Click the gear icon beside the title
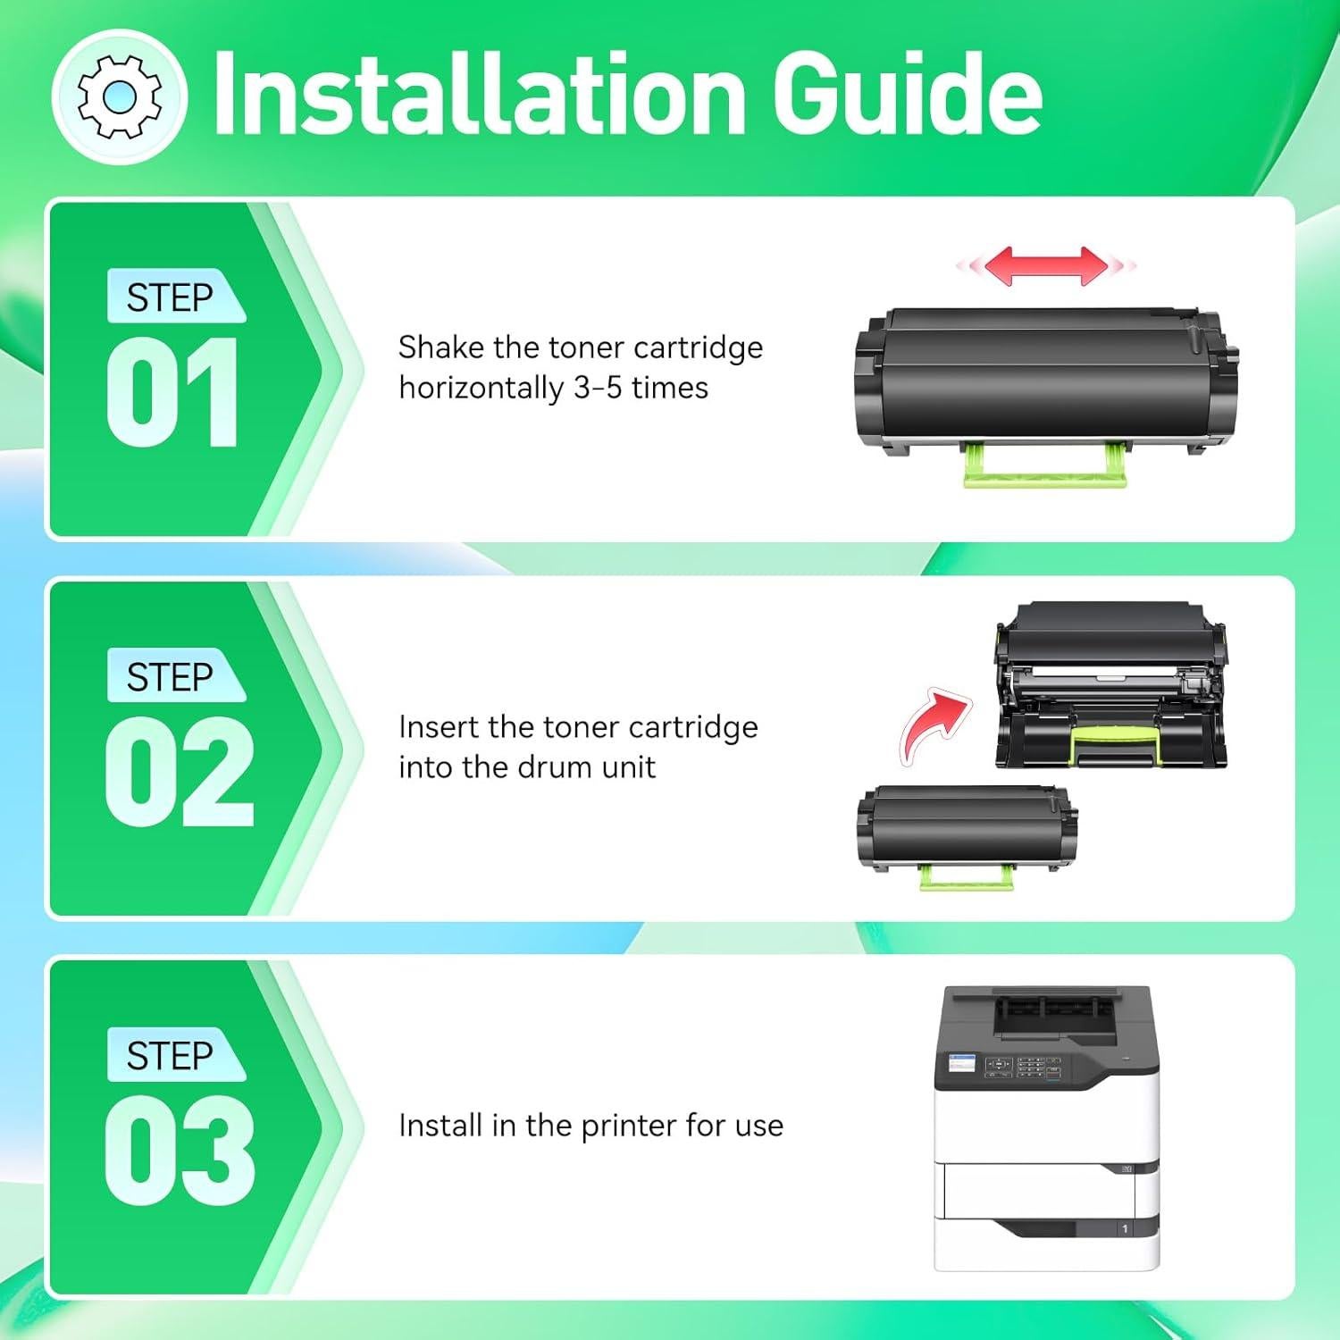[x=120, y=96]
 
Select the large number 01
[x=172, y=393]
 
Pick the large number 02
[x=179, y=772]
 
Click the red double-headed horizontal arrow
[x=1045, y=265]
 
